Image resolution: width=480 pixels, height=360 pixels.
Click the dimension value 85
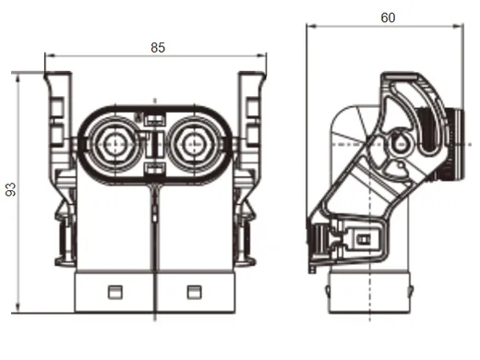158,48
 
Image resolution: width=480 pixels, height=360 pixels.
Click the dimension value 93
10,189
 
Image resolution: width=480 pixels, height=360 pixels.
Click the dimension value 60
387,18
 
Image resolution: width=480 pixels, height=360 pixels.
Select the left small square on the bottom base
115,293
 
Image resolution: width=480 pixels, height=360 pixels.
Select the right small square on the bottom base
193,293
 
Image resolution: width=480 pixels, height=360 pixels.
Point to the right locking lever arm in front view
251,120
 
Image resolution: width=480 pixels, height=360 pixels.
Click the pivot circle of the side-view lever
400,143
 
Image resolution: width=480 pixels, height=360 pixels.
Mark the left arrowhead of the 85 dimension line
48,58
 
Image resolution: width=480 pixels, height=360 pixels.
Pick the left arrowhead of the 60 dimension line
310,27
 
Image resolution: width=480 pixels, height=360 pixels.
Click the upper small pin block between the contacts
154,117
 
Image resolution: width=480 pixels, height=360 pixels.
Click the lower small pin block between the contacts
154,168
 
